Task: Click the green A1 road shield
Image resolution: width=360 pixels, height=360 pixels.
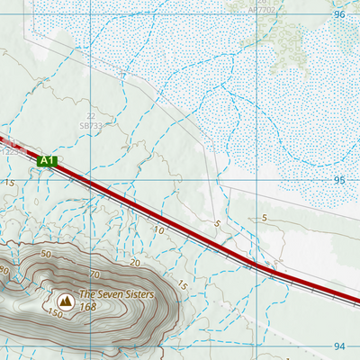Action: [x=49, y=161]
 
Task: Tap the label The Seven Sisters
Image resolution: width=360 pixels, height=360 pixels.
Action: [x=116, y=294]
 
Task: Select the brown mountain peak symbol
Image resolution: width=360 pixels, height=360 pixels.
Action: [x=66, y=300]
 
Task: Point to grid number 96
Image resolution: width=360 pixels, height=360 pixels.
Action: [x=339, y=15]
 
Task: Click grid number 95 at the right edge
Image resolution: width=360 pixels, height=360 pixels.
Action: [x=339, y=180]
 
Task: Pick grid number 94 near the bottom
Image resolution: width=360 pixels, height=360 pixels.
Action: [x=339, y=346]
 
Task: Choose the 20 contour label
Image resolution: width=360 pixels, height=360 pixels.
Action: [x=134, y=263]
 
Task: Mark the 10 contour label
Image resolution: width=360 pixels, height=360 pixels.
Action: [x=157, y=230]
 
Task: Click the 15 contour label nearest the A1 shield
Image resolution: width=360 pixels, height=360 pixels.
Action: [x=11, y=183]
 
